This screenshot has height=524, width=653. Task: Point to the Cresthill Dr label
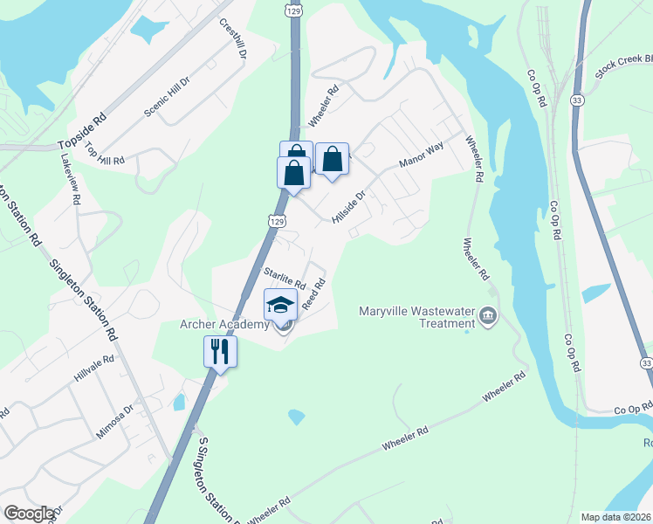[x=234, y=38]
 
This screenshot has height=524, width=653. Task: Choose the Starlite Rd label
[x=285, y=279]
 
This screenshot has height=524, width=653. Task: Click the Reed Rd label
[x=313, y=294]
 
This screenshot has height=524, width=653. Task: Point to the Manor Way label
[x=422, y=155]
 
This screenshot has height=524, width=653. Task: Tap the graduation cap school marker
[x=281, y=305]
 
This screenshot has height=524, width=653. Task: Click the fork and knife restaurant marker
[x=220, y=352]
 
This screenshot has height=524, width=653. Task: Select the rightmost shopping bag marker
[x=332, y=160]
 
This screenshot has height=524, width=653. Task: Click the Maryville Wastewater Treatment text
[x=416, y=317]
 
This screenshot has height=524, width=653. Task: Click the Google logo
[x=29, y=514]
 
